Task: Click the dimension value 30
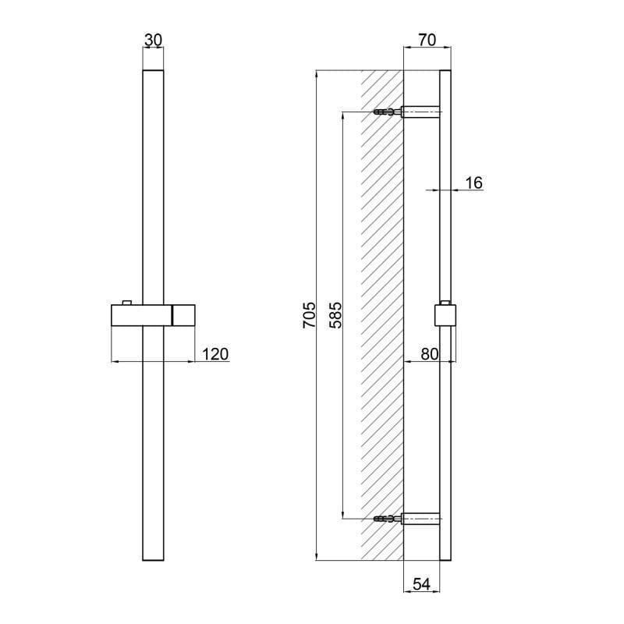pyautogui.click(x=154, y=39)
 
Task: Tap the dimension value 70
pyautogui.click(x=425, y=39)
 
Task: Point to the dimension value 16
pyautogui.click(x=473, y=183)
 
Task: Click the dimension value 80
pyautogui.click(x=430, y=354)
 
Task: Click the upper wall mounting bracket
pyautogui.click(x=421, y=112)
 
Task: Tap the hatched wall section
pyautogui.click(x=382, y=312)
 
